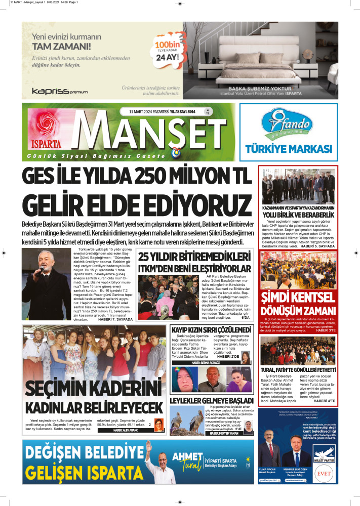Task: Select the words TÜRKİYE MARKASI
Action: pos(288,149)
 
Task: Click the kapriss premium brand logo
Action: pos(60,91)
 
